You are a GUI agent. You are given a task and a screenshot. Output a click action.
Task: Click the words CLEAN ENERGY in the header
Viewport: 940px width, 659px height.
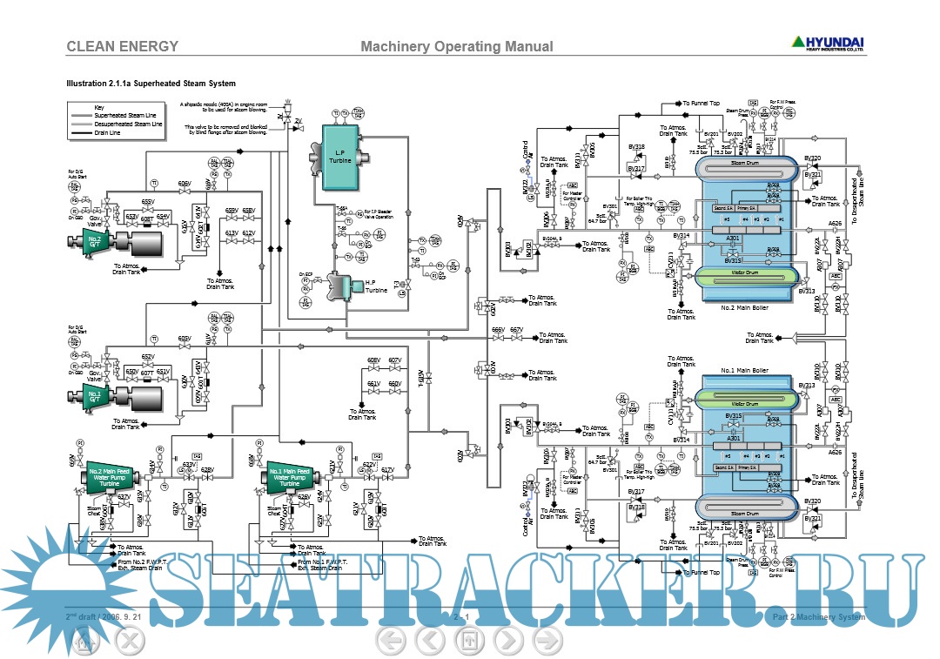[x=123, y=47]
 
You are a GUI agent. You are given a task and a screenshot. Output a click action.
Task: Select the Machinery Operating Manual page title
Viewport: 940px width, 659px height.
[x=456, y=47]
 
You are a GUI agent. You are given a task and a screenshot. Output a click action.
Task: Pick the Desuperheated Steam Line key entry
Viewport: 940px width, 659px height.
[x=128, y=124]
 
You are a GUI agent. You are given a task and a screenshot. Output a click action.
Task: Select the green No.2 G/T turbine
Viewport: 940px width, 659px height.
[x=91, y=241]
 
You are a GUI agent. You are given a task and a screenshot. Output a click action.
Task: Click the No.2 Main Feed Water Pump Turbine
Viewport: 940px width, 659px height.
[x=110, y=475]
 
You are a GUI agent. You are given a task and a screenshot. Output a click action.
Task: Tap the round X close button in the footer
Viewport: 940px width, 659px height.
[x=129, y=641]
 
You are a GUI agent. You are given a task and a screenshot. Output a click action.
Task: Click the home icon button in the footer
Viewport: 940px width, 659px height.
[x=83, y=641]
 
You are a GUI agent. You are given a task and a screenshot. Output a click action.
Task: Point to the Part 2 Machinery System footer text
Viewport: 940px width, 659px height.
[x=819, y=618]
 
